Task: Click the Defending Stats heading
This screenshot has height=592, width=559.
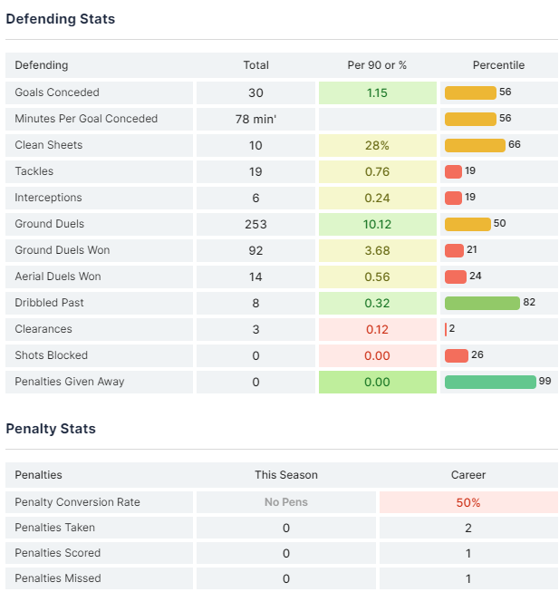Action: tap(61, 19)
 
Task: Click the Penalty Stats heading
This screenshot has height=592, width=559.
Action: tap(51, 429)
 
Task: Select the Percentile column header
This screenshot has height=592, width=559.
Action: tap(498, 65)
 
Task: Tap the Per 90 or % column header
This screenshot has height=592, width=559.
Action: tap(377, 65)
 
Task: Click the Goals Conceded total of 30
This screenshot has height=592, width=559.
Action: tap(255, 92)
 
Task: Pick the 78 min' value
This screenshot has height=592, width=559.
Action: tap(255, 119)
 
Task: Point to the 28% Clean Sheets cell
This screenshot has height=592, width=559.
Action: tap(378, 145)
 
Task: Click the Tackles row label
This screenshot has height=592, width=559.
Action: tap(34, 171)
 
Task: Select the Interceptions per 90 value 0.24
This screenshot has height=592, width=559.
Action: tap(378, 198)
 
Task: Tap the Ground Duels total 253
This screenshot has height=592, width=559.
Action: tap(255, 224)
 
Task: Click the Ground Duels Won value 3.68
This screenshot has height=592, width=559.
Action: tap(378, 250)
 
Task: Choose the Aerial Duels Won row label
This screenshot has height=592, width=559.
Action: tap(58, 277)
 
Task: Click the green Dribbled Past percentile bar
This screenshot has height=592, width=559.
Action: tap(482, 303)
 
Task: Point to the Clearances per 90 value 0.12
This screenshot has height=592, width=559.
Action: tap(378, 329)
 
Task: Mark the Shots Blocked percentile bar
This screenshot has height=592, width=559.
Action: tap(456, 355)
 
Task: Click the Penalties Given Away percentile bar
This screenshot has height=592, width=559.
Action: tap(490, 382)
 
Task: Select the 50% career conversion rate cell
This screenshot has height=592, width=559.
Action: tap(468, 502)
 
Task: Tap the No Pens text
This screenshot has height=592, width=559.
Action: tap(286, 502)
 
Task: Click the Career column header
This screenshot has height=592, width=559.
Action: tap(468, 475)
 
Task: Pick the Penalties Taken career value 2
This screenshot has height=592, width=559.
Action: tap(468, 528)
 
